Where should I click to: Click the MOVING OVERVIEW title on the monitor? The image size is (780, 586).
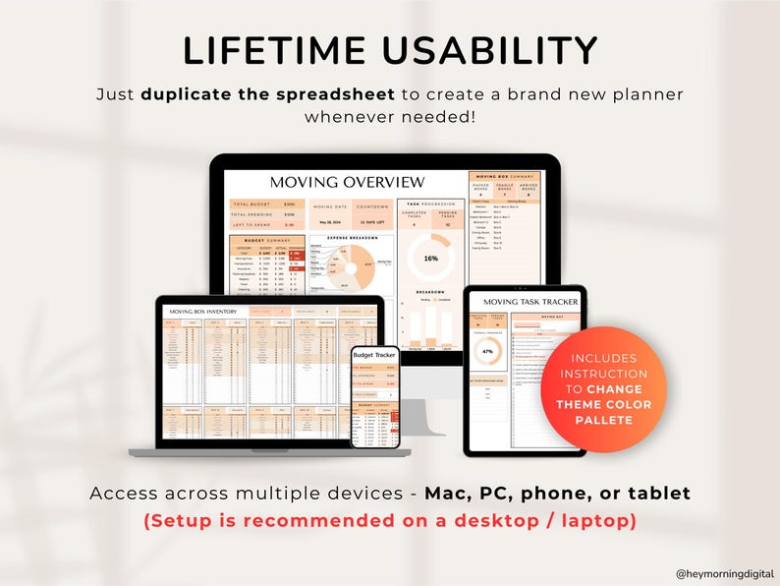(347, 182)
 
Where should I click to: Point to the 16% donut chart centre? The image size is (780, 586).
(430, 258)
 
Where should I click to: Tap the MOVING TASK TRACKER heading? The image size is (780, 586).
(526, 301)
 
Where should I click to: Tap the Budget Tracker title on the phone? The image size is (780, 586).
(376, 355)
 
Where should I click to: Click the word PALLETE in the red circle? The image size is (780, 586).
(603, 420)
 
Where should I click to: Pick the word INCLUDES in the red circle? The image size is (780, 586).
(603, 359)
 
